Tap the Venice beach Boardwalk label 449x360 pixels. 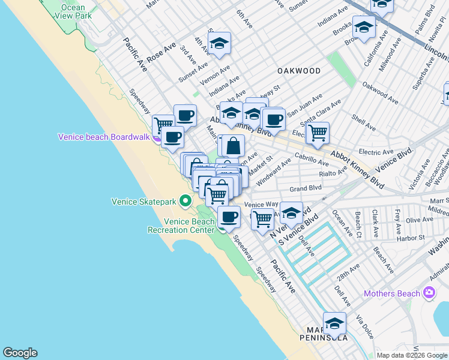pos(104,137)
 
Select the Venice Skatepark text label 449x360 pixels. pos(144,202)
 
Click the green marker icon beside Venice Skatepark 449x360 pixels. pos(186,201)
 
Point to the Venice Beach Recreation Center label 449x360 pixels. pos(181,225)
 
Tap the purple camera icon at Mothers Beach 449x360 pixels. pos(429,293)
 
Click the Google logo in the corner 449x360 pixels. pos(20,353)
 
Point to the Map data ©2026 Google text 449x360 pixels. pos(412,355)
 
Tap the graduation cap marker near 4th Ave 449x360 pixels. pos(220,43)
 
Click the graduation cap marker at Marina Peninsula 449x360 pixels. pos(334,323)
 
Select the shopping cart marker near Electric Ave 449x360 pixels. pos(318,133)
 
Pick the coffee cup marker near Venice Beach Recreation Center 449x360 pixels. pos(229,217)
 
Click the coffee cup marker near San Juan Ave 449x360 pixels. pos(274,119)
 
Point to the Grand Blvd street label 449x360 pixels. pos(306,188)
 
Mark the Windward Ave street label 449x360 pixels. pos(273,172)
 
